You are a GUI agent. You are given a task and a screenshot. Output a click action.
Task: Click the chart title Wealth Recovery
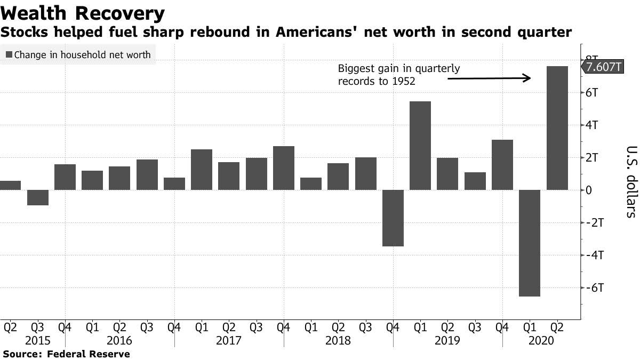[83, 13]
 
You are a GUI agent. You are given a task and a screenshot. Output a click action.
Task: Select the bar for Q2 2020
[557, 128]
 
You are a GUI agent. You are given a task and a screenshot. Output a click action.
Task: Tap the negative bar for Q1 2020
[530, 243]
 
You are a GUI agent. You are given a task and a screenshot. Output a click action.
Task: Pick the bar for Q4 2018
[393, 218]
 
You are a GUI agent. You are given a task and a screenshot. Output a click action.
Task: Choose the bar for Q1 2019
[420, 146]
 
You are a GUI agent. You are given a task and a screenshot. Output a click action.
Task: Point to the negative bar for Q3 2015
[38, 197]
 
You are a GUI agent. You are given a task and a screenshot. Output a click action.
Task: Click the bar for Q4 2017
[284, 168]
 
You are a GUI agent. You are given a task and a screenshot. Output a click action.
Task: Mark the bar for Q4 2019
[502, 165]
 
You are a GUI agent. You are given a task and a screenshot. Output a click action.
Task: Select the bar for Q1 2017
[202, 170]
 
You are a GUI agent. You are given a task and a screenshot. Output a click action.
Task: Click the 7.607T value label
[603, 67]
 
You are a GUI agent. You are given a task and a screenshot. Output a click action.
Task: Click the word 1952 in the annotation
[404, 82]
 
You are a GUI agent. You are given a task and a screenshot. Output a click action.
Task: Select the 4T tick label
[593, 125]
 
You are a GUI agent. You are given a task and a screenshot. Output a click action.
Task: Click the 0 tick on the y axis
[589, 190]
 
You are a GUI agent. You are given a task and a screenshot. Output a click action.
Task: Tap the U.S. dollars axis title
[631, 181]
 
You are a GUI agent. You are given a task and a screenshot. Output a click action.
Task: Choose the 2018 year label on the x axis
[339, 340]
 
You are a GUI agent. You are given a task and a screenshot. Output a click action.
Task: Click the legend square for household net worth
[9, 54]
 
